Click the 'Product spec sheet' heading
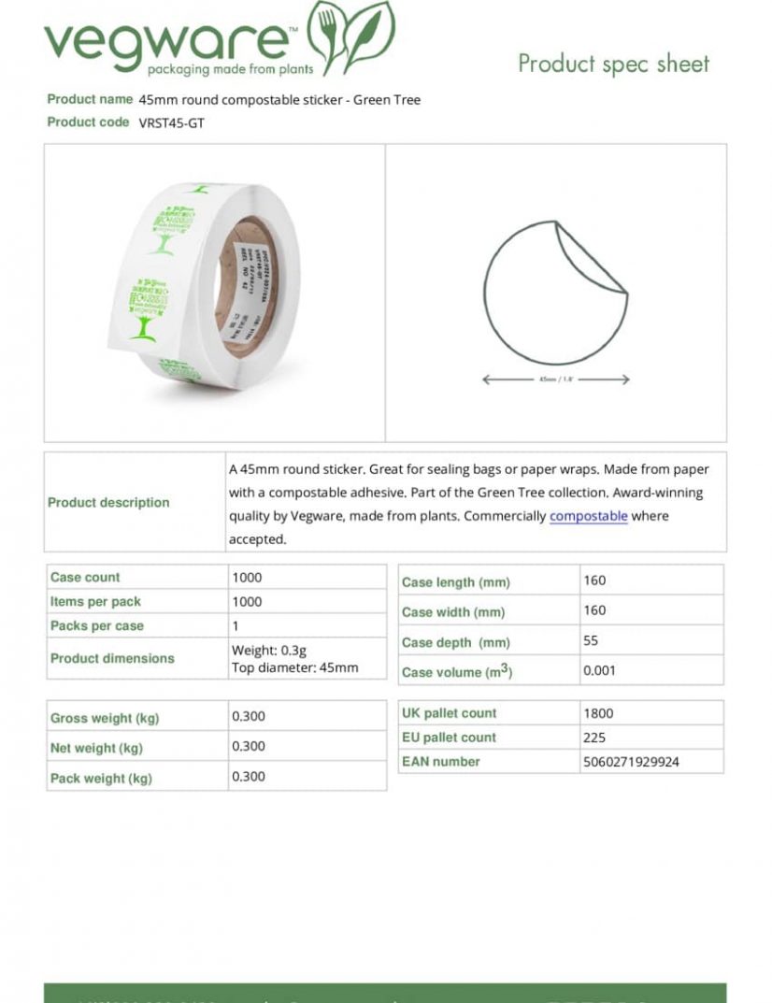coord(613,64)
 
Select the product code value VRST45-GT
coord(171,122)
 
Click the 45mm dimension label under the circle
coord(555,380)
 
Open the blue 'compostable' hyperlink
coord(588,516)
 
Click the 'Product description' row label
coord(108,503)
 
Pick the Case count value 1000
coord(247,578)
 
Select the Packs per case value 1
coord(236,626)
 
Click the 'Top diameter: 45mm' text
coord(294,667)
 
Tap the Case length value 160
coord(594,580)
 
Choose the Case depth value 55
coord(591,641)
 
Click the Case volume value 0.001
coord(599,670)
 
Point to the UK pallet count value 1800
coord(598,713)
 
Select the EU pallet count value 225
coord(594,738)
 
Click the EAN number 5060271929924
coord(631,762)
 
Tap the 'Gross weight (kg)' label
coord(105,719)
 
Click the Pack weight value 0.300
coord(249,777)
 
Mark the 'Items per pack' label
coord(95,602)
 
